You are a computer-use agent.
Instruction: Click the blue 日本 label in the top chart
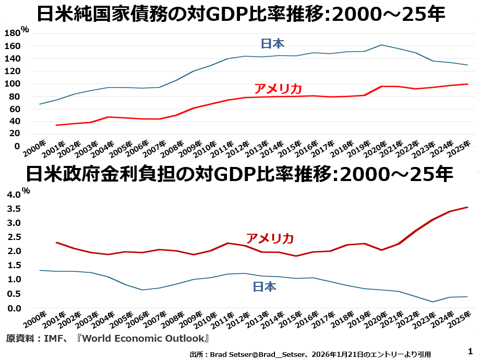(x=272, y=44)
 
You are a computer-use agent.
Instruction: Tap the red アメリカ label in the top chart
(x=278, y=88)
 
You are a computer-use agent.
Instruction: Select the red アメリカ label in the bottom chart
(x=270, y=238)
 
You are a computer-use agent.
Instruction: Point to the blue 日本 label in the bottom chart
(x=265, y=286)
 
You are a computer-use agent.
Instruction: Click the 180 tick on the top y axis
(x=11, y=33)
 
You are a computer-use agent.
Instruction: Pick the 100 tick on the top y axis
(x=11, y=84)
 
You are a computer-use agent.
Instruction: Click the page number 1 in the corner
(x=470, y=351)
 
